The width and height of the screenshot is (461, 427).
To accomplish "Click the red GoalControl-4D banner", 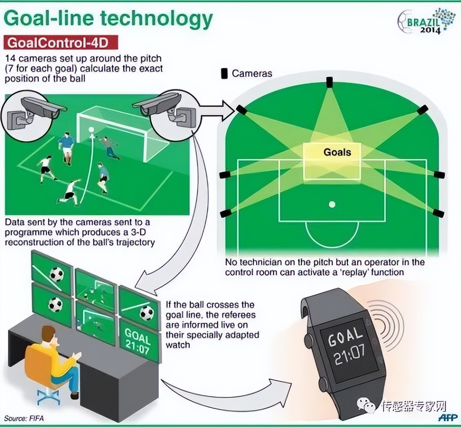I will click(61, 43).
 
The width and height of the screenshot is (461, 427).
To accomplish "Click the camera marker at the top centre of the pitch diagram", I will click(330, 81).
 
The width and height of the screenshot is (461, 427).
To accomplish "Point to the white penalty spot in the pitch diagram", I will click(332, 205).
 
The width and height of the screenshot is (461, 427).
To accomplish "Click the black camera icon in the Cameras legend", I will click(224, 73).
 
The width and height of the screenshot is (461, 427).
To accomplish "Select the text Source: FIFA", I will click(24, 418).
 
